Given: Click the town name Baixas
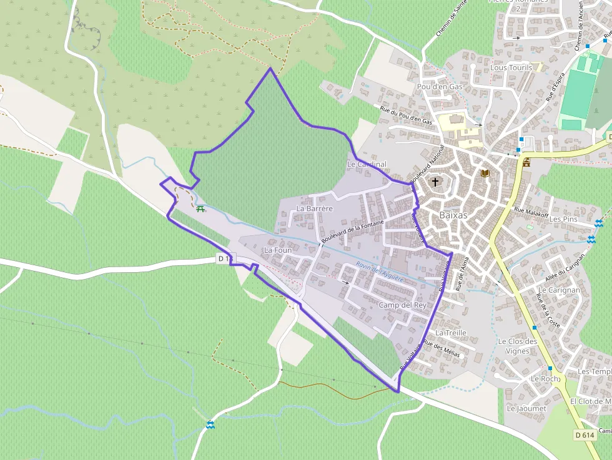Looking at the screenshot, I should point(453,214).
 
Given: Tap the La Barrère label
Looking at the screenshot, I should point(315,208).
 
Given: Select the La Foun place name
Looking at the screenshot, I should point(278,250).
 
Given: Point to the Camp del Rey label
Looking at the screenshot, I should point(402,305).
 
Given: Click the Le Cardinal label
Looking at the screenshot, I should point(367,164).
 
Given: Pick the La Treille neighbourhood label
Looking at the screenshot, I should point(451,333).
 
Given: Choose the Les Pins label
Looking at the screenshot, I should point(563,219).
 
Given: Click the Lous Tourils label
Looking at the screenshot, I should point(511,67).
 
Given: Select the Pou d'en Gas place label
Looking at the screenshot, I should point(440,86).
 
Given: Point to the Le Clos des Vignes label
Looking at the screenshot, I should point(518,346).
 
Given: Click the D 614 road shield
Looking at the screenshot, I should point(585,434).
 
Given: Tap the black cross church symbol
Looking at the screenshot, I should point(435,182).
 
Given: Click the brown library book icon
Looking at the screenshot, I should point(485,173).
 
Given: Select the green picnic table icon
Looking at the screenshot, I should point(200,208).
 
